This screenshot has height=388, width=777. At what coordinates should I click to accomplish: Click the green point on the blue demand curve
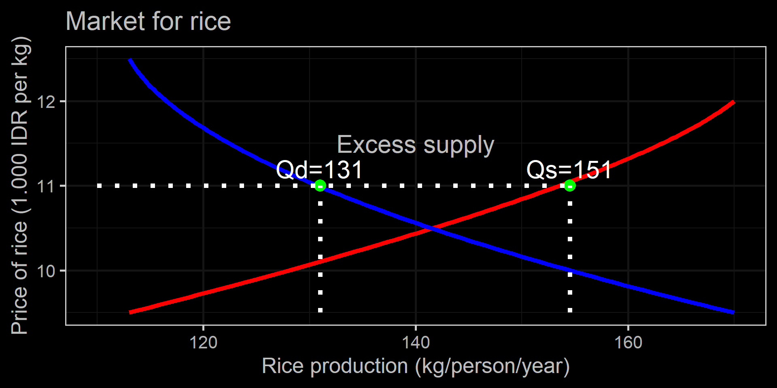320,186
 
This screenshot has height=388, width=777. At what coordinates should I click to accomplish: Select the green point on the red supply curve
570,186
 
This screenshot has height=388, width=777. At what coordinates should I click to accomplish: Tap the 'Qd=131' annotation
319,170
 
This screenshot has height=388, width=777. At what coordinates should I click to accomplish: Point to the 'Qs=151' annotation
569,170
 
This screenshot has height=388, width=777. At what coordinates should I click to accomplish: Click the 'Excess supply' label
416,145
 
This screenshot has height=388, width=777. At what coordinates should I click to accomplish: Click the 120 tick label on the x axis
203,343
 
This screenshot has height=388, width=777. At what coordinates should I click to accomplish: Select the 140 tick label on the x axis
416,343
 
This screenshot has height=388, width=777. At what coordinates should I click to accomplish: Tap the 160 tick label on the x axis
628,343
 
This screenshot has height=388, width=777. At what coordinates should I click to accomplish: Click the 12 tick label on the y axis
46,101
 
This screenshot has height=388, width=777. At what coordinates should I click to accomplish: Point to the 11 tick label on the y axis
46,186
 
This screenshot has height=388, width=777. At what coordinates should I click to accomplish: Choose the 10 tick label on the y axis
46,271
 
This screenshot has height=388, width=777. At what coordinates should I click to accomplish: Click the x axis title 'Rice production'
416,366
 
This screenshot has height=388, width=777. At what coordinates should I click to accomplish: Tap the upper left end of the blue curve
130,60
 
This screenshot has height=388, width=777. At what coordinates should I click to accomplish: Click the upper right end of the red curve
733,102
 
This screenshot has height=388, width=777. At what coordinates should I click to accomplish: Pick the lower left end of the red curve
130,312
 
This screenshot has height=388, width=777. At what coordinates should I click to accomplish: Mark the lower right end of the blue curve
733,312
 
